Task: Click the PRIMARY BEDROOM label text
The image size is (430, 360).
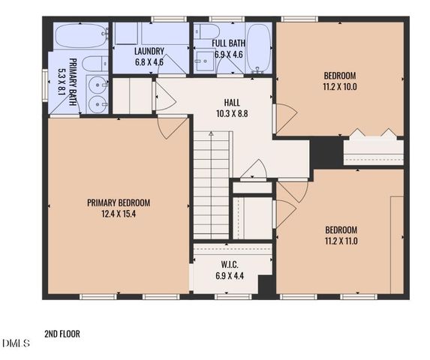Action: [119, 202]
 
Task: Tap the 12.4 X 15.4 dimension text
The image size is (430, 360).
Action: [119, 213]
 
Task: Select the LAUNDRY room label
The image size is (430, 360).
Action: [149, 51]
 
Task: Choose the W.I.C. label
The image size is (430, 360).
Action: [230, 265]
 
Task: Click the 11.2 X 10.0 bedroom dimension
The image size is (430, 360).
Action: [339, 86]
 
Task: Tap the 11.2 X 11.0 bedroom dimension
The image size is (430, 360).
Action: [340, 241]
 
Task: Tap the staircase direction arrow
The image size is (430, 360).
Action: [211, 135]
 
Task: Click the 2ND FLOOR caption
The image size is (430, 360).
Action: [62, 334]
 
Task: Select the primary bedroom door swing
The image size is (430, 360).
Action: [171, 127]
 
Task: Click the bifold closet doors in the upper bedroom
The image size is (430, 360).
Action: [373, 134]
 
